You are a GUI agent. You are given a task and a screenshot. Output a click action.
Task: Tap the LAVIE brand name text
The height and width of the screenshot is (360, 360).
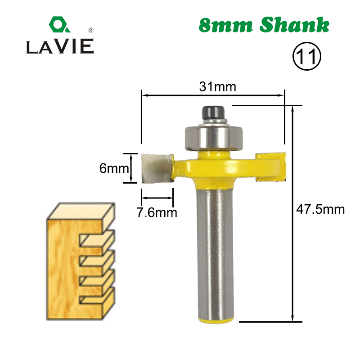coord(60,46)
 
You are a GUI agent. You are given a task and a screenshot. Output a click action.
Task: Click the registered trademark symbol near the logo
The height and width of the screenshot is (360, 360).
coord(91,31)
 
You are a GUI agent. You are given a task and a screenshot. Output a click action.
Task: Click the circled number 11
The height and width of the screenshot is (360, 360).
coord(306,57)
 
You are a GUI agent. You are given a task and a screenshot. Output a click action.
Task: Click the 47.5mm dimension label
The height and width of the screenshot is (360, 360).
coord(320,209)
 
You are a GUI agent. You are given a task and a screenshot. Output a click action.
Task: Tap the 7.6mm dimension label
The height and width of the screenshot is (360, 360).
coord(157,211)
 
